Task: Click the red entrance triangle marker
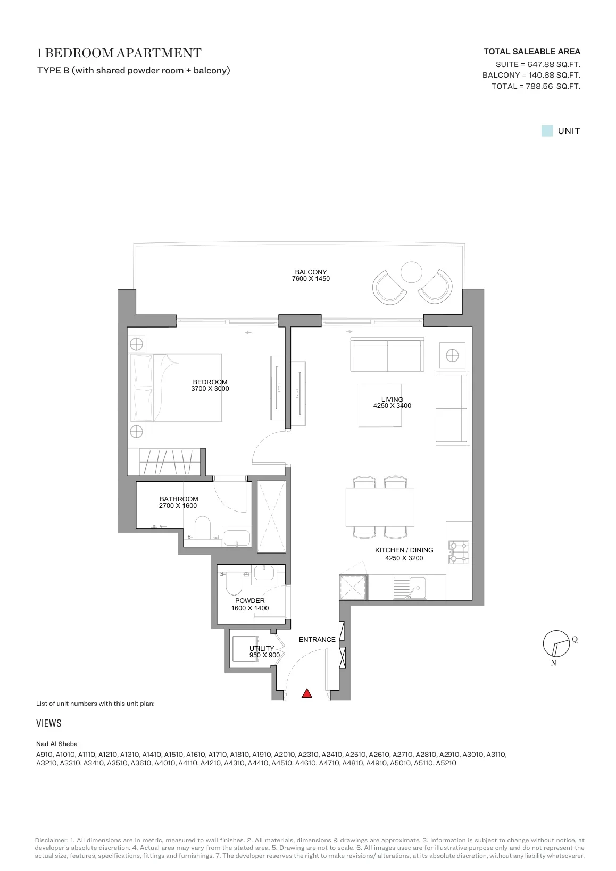[307, 693]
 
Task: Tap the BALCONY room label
[311, 272]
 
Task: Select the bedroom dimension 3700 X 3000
[210, 389]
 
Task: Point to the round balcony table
[411, 272]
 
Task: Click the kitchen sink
[410, 588]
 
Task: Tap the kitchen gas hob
[459, 552]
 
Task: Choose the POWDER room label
[249, 601]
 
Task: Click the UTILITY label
[262, 648]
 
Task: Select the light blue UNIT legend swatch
[547, 131]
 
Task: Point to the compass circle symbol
[556, 643]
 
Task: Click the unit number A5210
[446, 763]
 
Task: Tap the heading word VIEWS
[48, 723]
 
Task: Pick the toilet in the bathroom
[202, 527]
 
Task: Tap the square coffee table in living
[380, 405]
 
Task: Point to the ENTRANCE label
[317, 639]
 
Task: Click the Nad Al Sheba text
[57, 744]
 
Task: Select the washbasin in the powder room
[264, 574]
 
